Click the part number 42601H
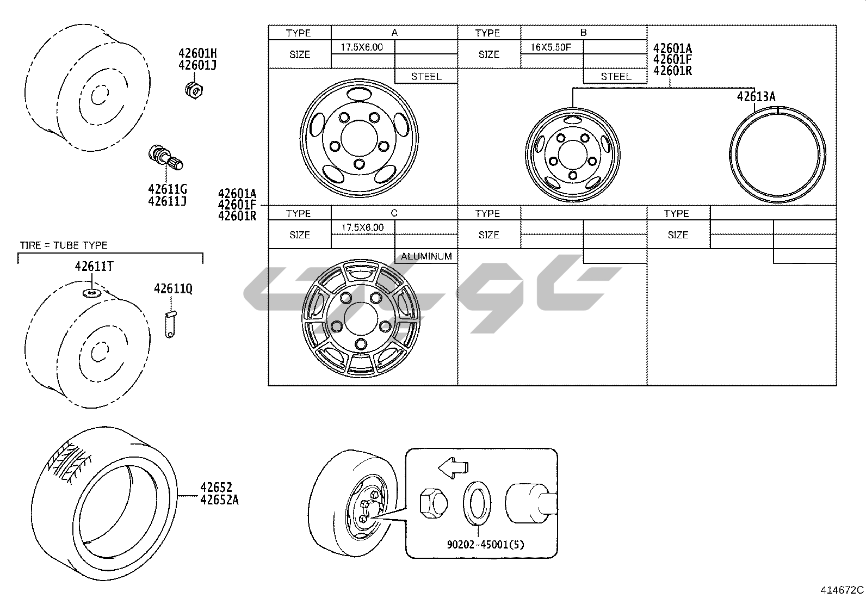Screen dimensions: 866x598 197,53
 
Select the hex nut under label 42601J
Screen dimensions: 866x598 194,90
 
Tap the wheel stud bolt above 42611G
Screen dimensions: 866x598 165,157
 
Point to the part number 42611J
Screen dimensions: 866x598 168,201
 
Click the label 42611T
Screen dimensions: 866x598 94,267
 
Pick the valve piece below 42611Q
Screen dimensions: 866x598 170,324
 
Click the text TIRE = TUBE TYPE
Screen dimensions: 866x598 64,245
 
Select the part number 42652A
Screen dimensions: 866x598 219,500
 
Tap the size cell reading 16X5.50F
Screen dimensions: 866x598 551,47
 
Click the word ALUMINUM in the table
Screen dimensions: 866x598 426,256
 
